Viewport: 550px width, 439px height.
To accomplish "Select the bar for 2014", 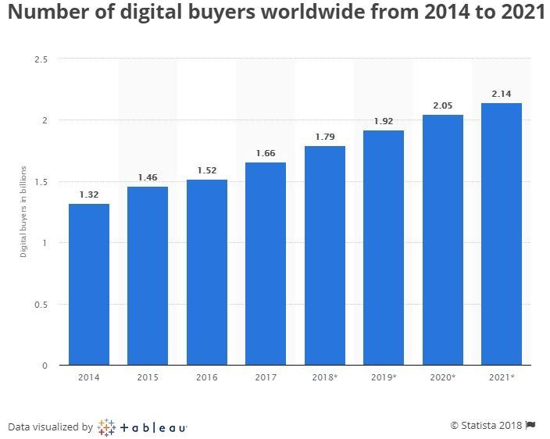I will pyautogui.click(x=89, y=284).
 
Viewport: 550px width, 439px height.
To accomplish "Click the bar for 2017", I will pyautogui.click(x=266, y=264).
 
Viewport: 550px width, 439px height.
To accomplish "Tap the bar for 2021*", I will pyautogui.click(x=502, y=234).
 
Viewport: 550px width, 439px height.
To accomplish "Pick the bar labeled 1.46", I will pyautogui.click(x=148, y=276).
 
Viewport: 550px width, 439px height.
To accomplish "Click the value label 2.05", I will pyautogui.click(x=442, y=104).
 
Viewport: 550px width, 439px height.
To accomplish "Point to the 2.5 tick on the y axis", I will pyautogui.click(x=41, y=59).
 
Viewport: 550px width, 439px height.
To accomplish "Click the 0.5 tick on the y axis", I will pyautogui.click(x=41, y=304).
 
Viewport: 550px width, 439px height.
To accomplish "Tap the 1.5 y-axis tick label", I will pyautogui.click(x=41, y=182).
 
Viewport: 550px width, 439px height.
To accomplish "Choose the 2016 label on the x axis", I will pyautogui.click(x=207, y=377).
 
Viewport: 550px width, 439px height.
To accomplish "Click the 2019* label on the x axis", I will pyautogui.click(x=384, y=377).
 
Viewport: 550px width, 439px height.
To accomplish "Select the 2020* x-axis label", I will pyautogui.click(x=442, y=377).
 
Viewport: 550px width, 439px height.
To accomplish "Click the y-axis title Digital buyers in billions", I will pyautogui.click(x=23, y=212).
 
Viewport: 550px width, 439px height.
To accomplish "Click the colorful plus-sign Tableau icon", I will pyautogui.click(x=106, y=427).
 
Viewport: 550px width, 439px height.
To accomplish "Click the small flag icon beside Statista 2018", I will pyautogui.click(x=530, y=425).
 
